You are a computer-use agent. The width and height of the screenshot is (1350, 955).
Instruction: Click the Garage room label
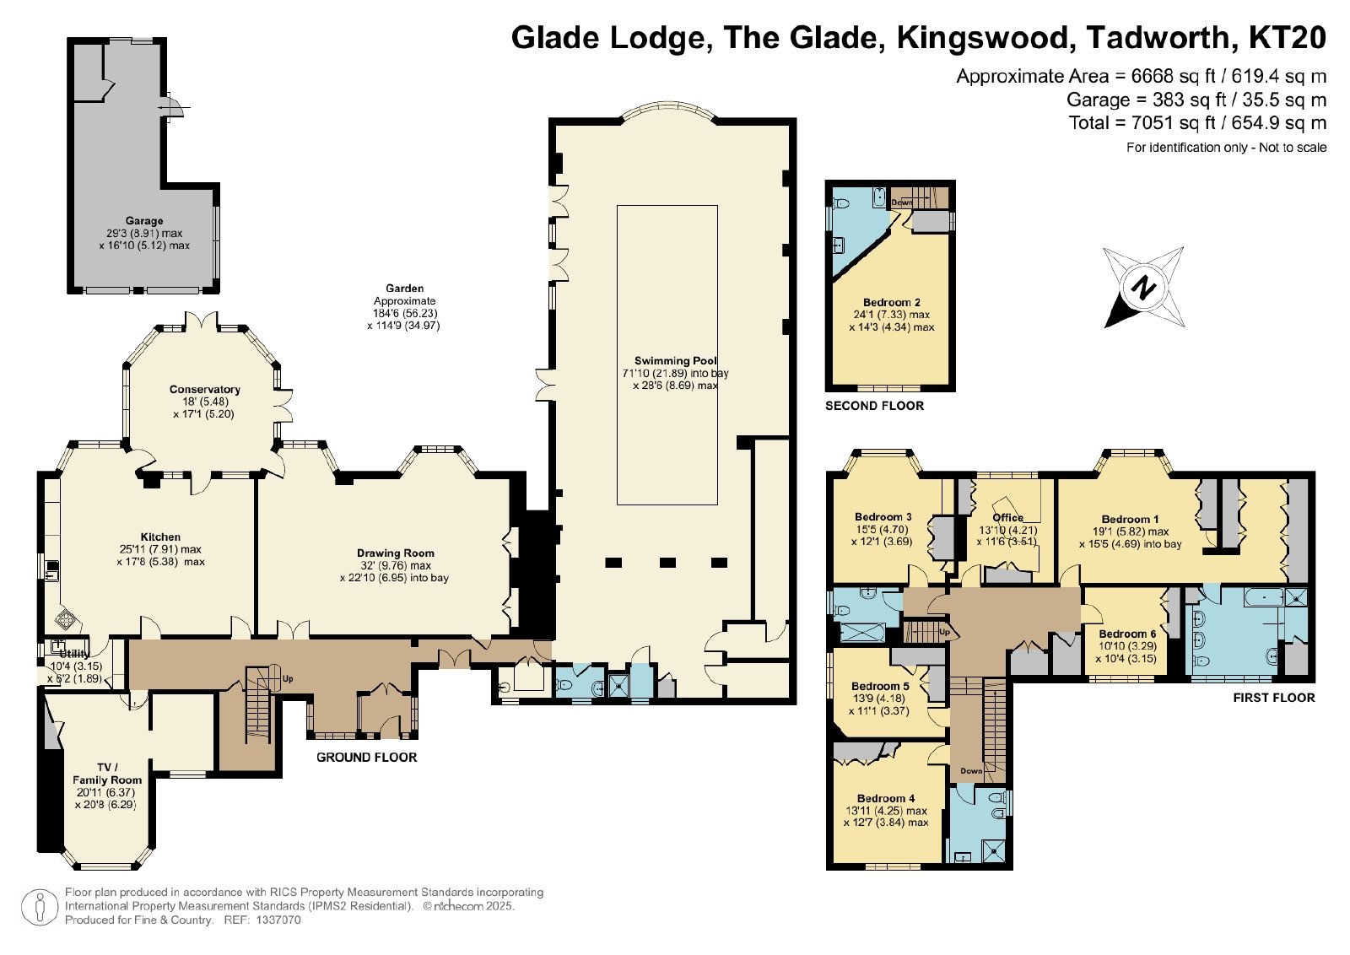[144, 221]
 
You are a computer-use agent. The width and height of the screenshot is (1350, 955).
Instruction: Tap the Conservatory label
[205, 390]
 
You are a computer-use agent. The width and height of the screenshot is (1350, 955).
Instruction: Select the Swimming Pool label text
[676, 361]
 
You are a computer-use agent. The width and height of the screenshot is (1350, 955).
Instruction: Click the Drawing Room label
[396, 553]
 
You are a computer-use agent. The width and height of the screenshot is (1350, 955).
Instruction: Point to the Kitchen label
[160, 537]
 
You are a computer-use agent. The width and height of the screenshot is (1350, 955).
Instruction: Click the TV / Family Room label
[107, 774]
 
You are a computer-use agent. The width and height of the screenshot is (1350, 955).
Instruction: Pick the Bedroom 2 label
[892, 303]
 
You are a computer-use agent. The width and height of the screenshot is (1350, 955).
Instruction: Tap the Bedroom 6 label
[1127, 634]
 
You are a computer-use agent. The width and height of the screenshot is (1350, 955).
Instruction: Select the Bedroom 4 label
[886, 798]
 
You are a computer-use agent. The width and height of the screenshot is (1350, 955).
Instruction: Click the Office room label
[1007, 517]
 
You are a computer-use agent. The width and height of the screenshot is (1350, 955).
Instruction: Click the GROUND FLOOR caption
[366, 758]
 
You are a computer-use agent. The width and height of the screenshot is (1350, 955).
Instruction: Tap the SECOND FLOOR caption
[874, 406]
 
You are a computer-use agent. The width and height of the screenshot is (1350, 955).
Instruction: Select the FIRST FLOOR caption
[1274, 698]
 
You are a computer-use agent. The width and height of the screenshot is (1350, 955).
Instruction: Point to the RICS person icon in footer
[40, 908]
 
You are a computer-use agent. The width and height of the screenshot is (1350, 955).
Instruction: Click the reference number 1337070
[278, 920]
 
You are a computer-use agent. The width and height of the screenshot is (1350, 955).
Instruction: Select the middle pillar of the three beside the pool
[667, 563]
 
